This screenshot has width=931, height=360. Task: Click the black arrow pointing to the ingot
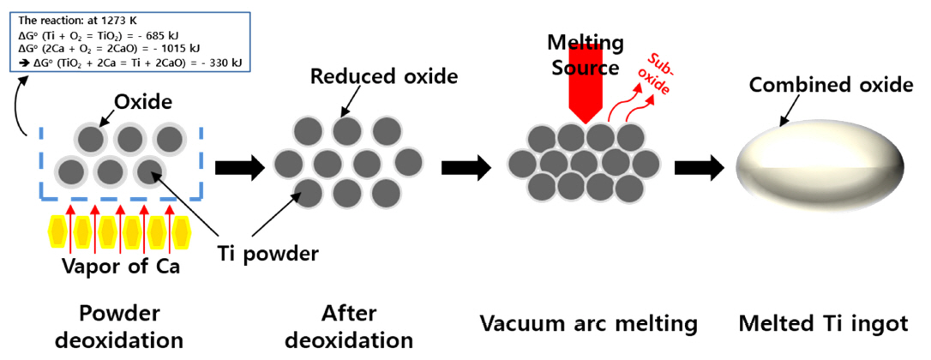[x=699, y=168]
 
